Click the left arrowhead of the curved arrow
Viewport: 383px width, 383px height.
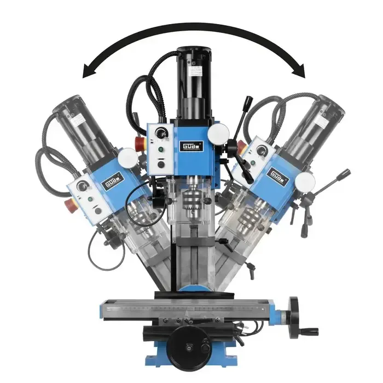click(88, 72)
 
